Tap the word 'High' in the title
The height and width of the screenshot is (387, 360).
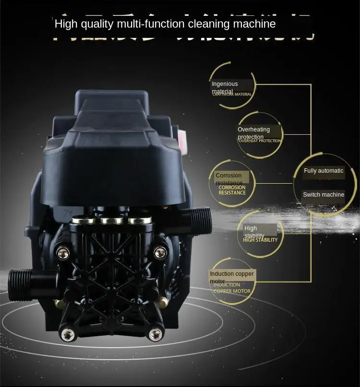[65, 23]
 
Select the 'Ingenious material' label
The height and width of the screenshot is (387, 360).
[225, 87]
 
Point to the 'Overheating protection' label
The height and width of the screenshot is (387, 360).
[253, 133]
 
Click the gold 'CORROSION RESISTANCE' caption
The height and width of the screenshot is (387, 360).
[232, 190]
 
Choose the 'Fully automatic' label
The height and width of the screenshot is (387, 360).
[324, 171]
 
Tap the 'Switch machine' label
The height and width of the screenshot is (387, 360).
[324, 195]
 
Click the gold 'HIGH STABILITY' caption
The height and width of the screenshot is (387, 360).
[260, 240]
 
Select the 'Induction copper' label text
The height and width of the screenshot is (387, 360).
[232, 274]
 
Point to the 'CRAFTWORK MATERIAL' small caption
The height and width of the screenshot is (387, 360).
[232, 94]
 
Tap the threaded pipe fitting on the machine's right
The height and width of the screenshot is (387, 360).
[201, 219]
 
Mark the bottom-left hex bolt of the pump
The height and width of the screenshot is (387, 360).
[67, 333]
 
